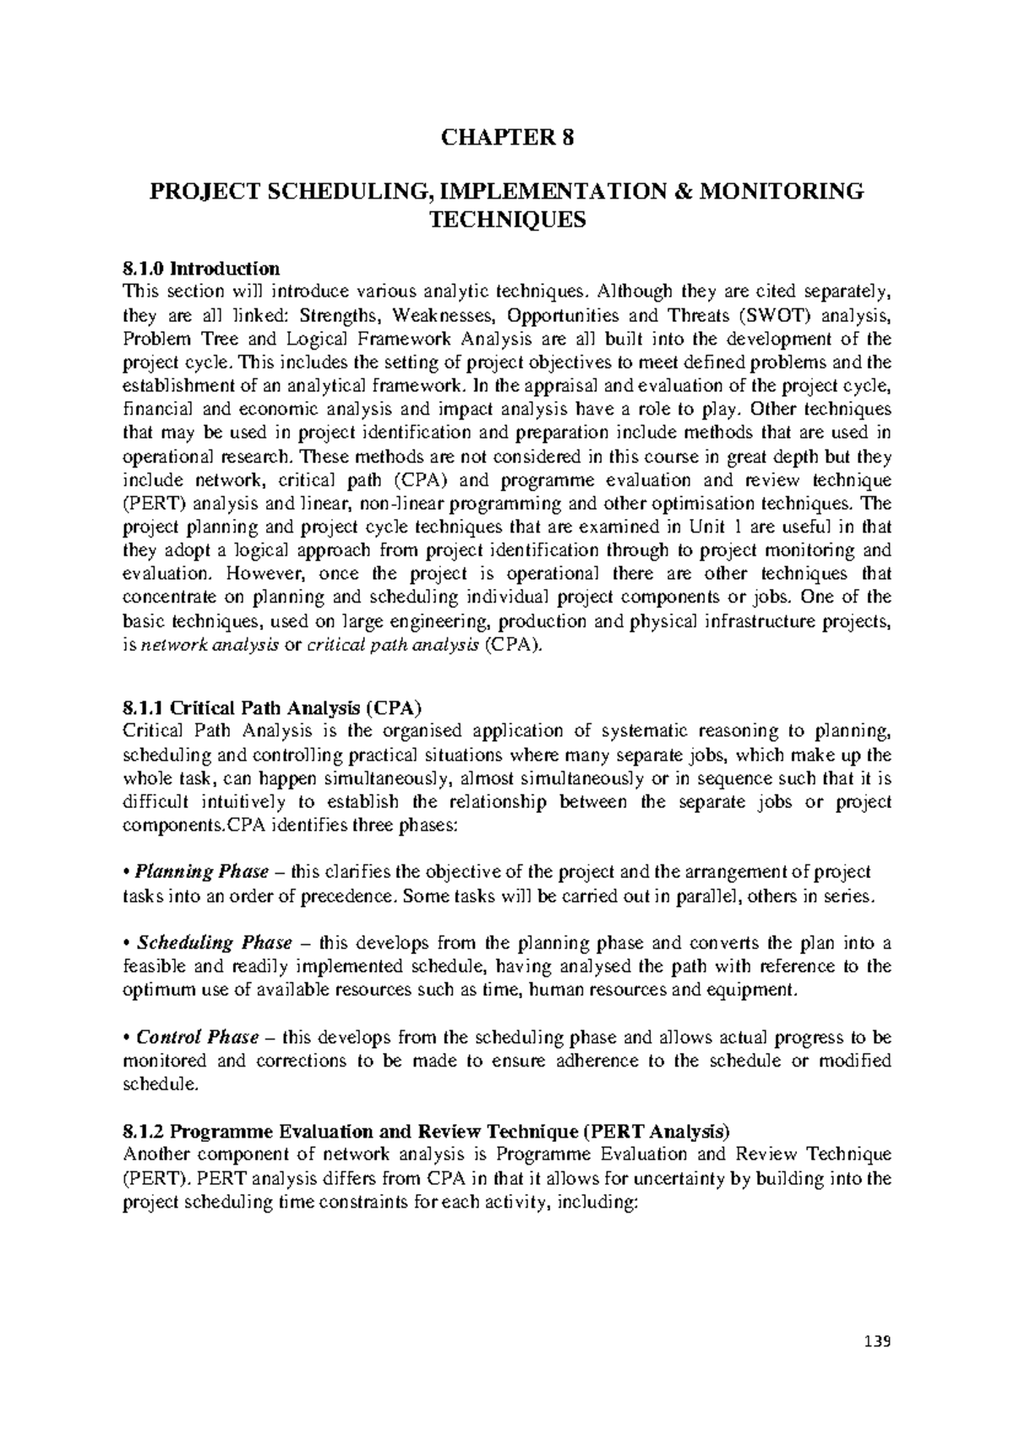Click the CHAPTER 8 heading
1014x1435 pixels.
tap(508, 139)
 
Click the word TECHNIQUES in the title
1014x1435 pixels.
tap(508, 221)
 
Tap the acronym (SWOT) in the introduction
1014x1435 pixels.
tap(768, 316)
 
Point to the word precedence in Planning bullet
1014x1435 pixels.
tap(349, 896)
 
